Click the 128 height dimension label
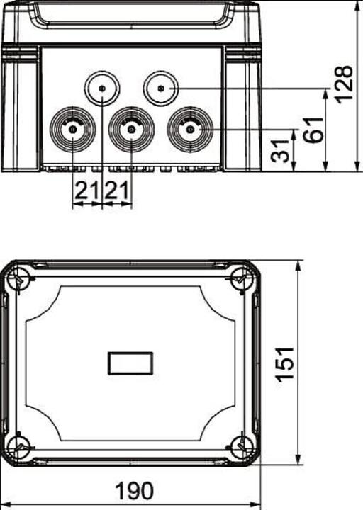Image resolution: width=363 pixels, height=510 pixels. (x=345, y=84)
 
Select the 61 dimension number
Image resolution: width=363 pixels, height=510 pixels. (x=314, y=130)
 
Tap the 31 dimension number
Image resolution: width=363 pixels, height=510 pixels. (x=280, y=152)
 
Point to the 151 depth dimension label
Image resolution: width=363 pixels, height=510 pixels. (x=285, y=363)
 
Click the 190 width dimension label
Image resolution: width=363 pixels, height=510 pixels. (x=135, y=491)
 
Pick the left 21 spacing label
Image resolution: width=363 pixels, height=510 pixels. (x=86, y=191)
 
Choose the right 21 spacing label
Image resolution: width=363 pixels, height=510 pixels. (x=117, y=191)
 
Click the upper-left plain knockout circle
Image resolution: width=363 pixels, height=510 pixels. (x=102, y=88)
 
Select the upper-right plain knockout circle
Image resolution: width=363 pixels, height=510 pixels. (x=161, y=88)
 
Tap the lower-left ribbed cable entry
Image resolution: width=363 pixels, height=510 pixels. (x=72, y=130)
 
